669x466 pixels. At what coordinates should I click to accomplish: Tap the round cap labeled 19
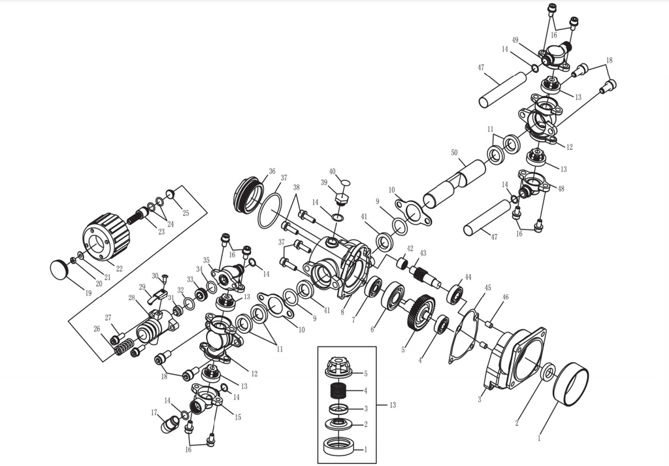pos(59,269)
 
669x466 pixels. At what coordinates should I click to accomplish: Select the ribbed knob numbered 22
pos(107,236)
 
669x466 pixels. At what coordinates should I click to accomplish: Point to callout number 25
pos(186,213)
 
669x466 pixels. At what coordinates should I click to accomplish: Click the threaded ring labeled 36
pos(247,194)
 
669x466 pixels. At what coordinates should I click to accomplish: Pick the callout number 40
pos(333,172)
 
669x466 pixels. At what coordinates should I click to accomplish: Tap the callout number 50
pos(454,152)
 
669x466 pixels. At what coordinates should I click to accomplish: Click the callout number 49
pos(515,41)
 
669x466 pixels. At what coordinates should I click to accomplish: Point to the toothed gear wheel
pos(420,312)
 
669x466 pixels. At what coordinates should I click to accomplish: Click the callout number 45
pos(487,288)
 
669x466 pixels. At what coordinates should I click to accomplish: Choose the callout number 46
pos(505,297)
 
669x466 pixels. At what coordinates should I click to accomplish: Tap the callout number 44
pos(468,277)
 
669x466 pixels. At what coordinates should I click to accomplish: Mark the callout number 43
pos(423,253)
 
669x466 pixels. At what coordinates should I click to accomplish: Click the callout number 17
pos(155,412)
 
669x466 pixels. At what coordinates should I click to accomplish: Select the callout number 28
pos(131,298)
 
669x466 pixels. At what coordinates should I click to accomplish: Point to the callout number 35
pos(206,260)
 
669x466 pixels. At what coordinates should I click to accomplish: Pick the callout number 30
pos(155,276)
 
